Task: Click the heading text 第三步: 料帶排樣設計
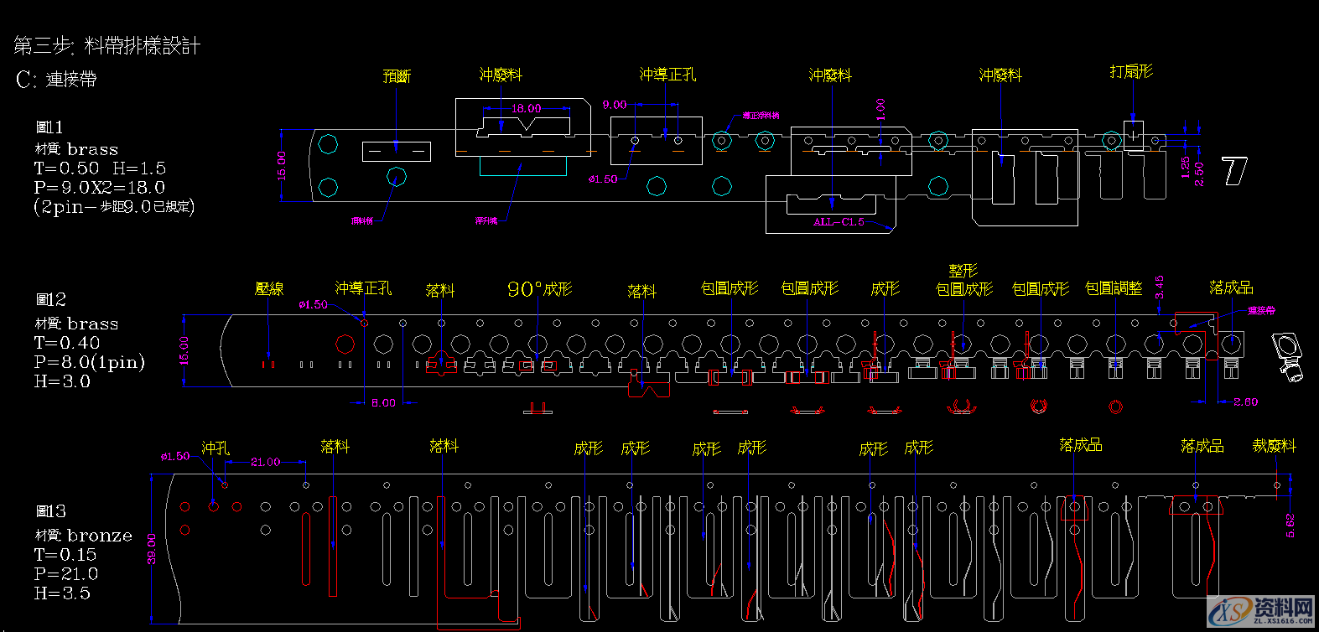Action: [107, 45]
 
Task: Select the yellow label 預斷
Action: [397, 76]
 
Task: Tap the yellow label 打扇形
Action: [1131, 72]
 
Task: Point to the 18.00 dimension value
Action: [526, 108]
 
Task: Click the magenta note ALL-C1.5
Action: [839, 222]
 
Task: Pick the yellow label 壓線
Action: [269, 288]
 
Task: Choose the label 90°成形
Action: [539, 289]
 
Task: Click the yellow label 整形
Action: [963, 271]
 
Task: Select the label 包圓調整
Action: [1114, 288]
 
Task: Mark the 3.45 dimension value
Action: [1160, 288]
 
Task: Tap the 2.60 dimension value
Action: [1245, 402]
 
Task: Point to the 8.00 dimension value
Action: [383, 403]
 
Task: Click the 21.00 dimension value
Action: [265, 462]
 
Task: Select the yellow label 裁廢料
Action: [1274, 446]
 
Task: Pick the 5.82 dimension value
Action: [1290, 526]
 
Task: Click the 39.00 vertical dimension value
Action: [152, 549]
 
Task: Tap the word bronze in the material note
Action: [100, 536]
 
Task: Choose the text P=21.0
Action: [66, 574]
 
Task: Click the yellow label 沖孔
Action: [216, 448]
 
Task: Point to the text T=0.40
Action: [67, 343]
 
